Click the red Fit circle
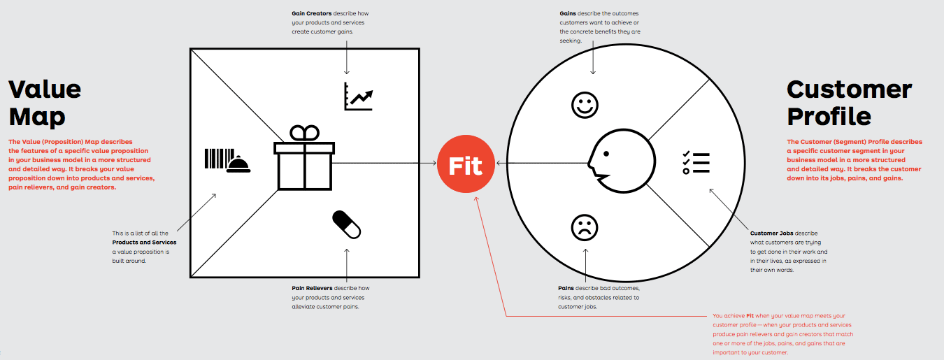[x=465, y=166]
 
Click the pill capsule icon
[x=346, y=223]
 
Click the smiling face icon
[x=585, y=106]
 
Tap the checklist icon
[x=696, y=162]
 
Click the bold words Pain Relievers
[x=312, y=288]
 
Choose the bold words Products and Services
[x=139, y=243]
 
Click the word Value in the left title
[x=45, y=89]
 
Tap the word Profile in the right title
[x=829, y=116]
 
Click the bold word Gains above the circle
[x=568, y=13]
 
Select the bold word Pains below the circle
[x=566, y=288]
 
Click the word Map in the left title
[x=37, y=116]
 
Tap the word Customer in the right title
[x=849, y=89]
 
